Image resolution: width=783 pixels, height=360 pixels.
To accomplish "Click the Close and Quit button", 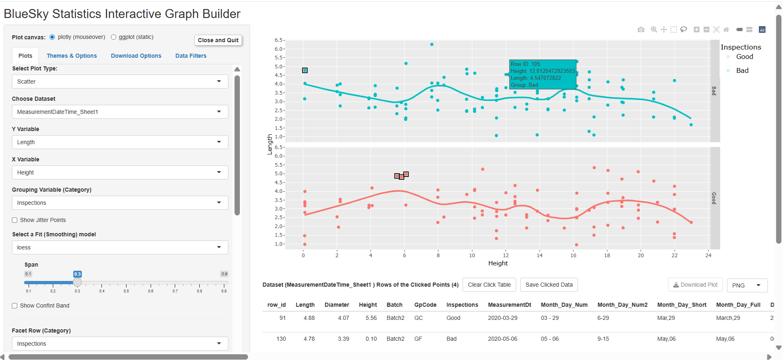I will [x=218, y=40].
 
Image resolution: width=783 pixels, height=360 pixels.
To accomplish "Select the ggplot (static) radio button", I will [x=114, y=37].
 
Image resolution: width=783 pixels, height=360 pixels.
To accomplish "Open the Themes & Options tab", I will [x=72, y=56].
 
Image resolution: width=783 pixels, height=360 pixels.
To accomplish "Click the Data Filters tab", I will [x=191, y=56].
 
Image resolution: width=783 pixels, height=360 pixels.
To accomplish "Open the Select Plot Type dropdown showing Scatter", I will [x=120, y=82].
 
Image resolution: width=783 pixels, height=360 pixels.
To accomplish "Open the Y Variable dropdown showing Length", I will [x=120, y=142].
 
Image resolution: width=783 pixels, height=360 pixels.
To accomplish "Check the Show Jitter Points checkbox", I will [x=15, y=220].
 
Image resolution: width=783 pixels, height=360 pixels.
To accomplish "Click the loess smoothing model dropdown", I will [x=120, y=247].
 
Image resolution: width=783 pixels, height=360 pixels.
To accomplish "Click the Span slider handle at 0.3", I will [x=77, y=282].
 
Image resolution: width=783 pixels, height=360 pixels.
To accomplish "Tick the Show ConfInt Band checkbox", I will [x=15, y=306].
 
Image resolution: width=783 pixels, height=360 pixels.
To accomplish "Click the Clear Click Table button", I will [x=489, y=285].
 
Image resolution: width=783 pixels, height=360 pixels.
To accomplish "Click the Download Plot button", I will [x=695, y=285].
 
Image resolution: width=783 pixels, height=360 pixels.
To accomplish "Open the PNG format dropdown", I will [x=747, y=285].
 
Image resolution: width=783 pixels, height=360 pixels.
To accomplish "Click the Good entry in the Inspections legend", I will [x=744, y=57].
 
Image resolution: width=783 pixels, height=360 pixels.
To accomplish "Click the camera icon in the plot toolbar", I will [x=641, y=29].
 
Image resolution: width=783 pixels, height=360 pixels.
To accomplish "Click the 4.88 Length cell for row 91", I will [x=309, y=318].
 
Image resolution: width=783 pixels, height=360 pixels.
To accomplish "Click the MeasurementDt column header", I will [x=509, y=305].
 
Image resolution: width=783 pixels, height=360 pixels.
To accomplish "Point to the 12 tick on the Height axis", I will [x=506, y=255].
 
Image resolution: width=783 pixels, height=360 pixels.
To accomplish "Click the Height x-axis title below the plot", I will [x=498, y=263].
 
